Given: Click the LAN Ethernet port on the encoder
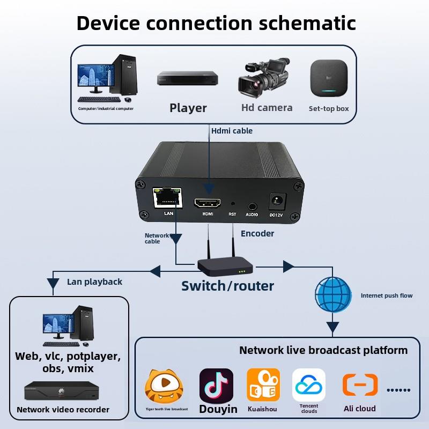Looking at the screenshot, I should click(167, 198).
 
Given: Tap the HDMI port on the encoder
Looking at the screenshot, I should click(208, 203).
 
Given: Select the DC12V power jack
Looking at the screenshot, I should click(277, 201).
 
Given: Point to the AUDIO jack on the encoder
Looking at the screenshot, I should click(252, 205).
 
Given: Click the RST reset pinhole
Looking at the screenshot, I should click(233, 204).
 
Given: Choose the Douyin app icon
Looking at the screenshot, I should click(216, 385).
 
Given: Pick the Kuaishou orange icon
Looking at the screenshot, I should click(263, 384).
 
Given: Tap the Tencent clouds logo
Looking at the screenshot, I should click(309, 384).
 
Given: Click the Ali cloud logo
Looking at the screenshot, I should click(360, 385).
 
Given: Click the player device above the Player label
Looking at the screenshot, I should click(188, 78).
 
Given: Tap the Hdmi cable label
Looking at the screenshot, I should click(232, 130).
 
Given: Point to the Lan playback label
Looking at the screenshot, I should click(94, 282).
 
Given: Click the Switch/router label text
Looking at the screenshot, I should click(227, 286).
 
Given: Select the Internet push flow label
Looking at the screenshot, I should click(387, 295).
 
